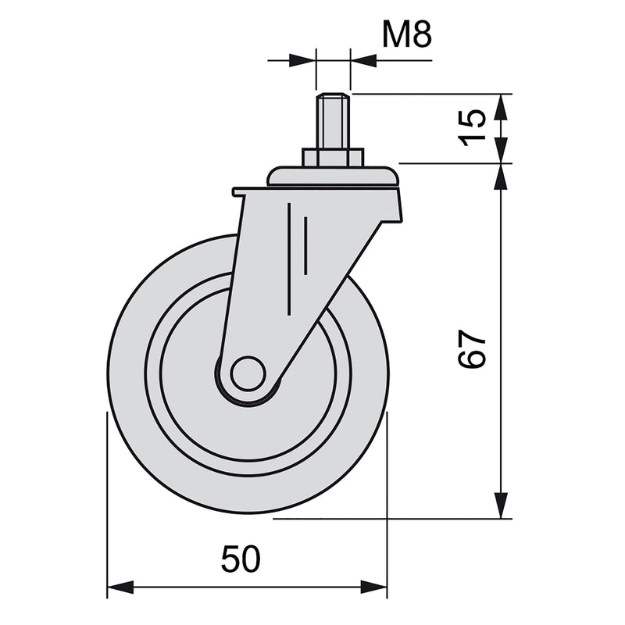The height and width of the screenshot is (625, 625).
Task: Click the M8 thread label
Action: [406, 34]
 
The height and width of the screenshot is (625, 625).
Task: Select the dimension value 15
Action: [473, 127]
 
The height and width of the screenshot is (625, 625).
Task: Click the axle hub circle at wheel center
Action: [248, 373]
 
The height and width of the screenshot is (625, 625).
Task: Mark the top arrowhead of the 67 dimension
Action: [501, 176]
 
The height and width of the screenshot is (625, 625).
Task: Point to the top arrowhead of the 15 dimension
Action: [501, 106]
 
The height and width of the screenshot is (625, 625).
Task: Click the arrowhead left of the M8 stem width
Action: [304, 59]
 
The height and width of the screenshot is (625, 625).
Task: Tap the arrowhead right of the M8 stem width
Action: [362, 59]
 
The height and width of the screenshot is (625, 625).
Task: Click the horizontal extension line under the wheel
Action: [391, 518]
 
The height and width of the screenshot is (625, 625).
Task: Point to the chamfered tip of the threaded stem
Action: [334, 97]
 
